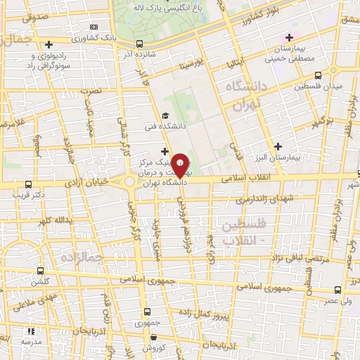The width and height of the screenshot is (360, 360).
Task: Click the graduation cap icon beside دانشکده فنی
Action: pyautogui.click(x=165, y=116)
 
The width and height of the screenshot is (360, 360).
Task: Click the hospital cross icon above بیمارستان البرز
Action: pyautogui.click(x=278, y=147)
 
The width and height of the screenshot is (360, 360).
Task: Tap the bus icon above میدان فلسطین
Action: pyautogui.click(x=318, y=75)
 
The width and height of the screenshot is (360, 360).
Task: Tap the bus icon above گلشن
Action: pyautogui.click(x=39, y=271)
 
